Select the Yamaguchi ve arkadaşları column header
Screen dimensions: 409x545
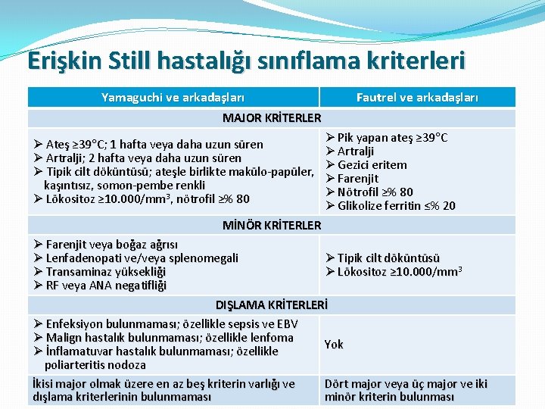(x=173, y=97)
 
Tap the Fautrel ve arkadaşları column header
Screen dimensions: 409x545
(x=417, y=97)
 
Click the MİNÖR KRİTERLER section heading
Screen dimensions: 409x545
(x=272, y=225)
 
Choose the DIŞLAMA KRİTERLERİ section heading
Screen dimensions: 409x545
(x=272, y=305)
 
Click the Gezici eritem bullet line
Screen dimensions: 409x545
(x=372, y=164)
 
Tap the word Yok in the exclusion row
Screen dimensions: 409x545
(x=334, y=344)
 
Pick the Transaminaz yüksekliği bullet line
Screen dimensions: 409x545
(x=105, y=271)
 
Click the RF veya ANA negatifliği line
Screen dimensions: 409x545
(x=105, y=285)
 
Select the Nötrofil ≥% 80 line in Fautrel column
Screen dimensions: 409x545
(x=375, y=192)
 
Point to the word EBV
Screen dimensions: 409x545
(x=288, y=323)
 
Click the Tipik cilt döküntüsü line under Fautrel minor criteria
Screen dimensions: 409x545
(x=388, y=258)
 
